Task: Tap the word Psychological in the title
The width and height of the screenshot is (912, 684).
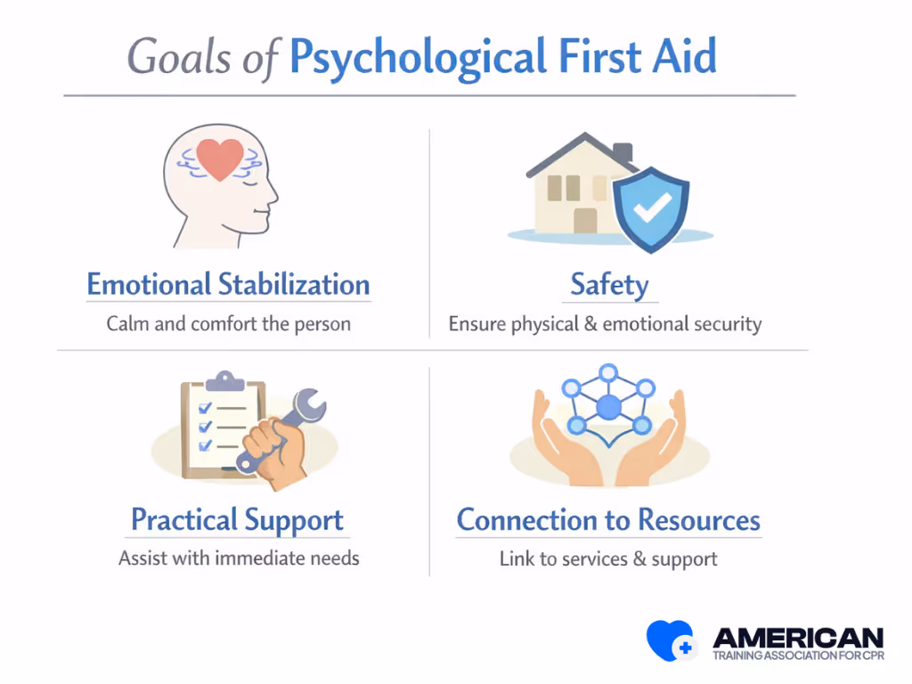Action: click(416, 57)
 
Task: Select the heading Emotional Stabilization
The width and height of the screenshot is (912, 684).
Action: click(228, 285)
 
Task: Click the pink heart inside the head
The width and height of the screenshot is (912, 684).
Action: click(220, 159)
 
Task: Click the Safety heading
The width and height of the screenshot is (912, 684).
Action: click(610, 285)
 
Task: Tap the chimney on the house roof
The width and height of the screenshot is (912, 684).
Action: click(623, 153)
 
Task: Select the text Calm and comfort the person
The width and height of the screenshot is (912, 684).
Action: click(228, 323)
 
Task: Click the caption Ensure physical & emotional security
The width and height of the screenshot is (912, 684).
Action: click(605, 324)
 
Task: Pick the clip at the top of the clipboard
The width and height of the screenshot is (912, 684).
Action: click(224, 380)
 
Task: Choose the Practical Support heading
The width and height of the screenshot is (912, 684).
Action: click(237, 519)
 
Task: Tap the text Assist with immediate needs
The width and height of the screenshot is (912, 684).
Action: click(239, 559)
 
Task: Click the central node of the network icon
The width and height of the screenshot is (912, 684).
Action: click(608, 408)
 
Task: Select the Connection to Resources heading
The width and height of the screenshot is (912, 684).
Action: click(608, 519)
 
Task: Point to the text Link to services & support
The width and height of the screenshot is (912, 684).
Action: click(608, 559)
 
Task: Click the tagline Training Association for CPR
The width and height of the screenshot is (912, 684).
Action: click(798, 656)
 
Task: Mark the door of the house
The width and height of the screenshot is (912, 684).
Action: click(585, 221)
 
